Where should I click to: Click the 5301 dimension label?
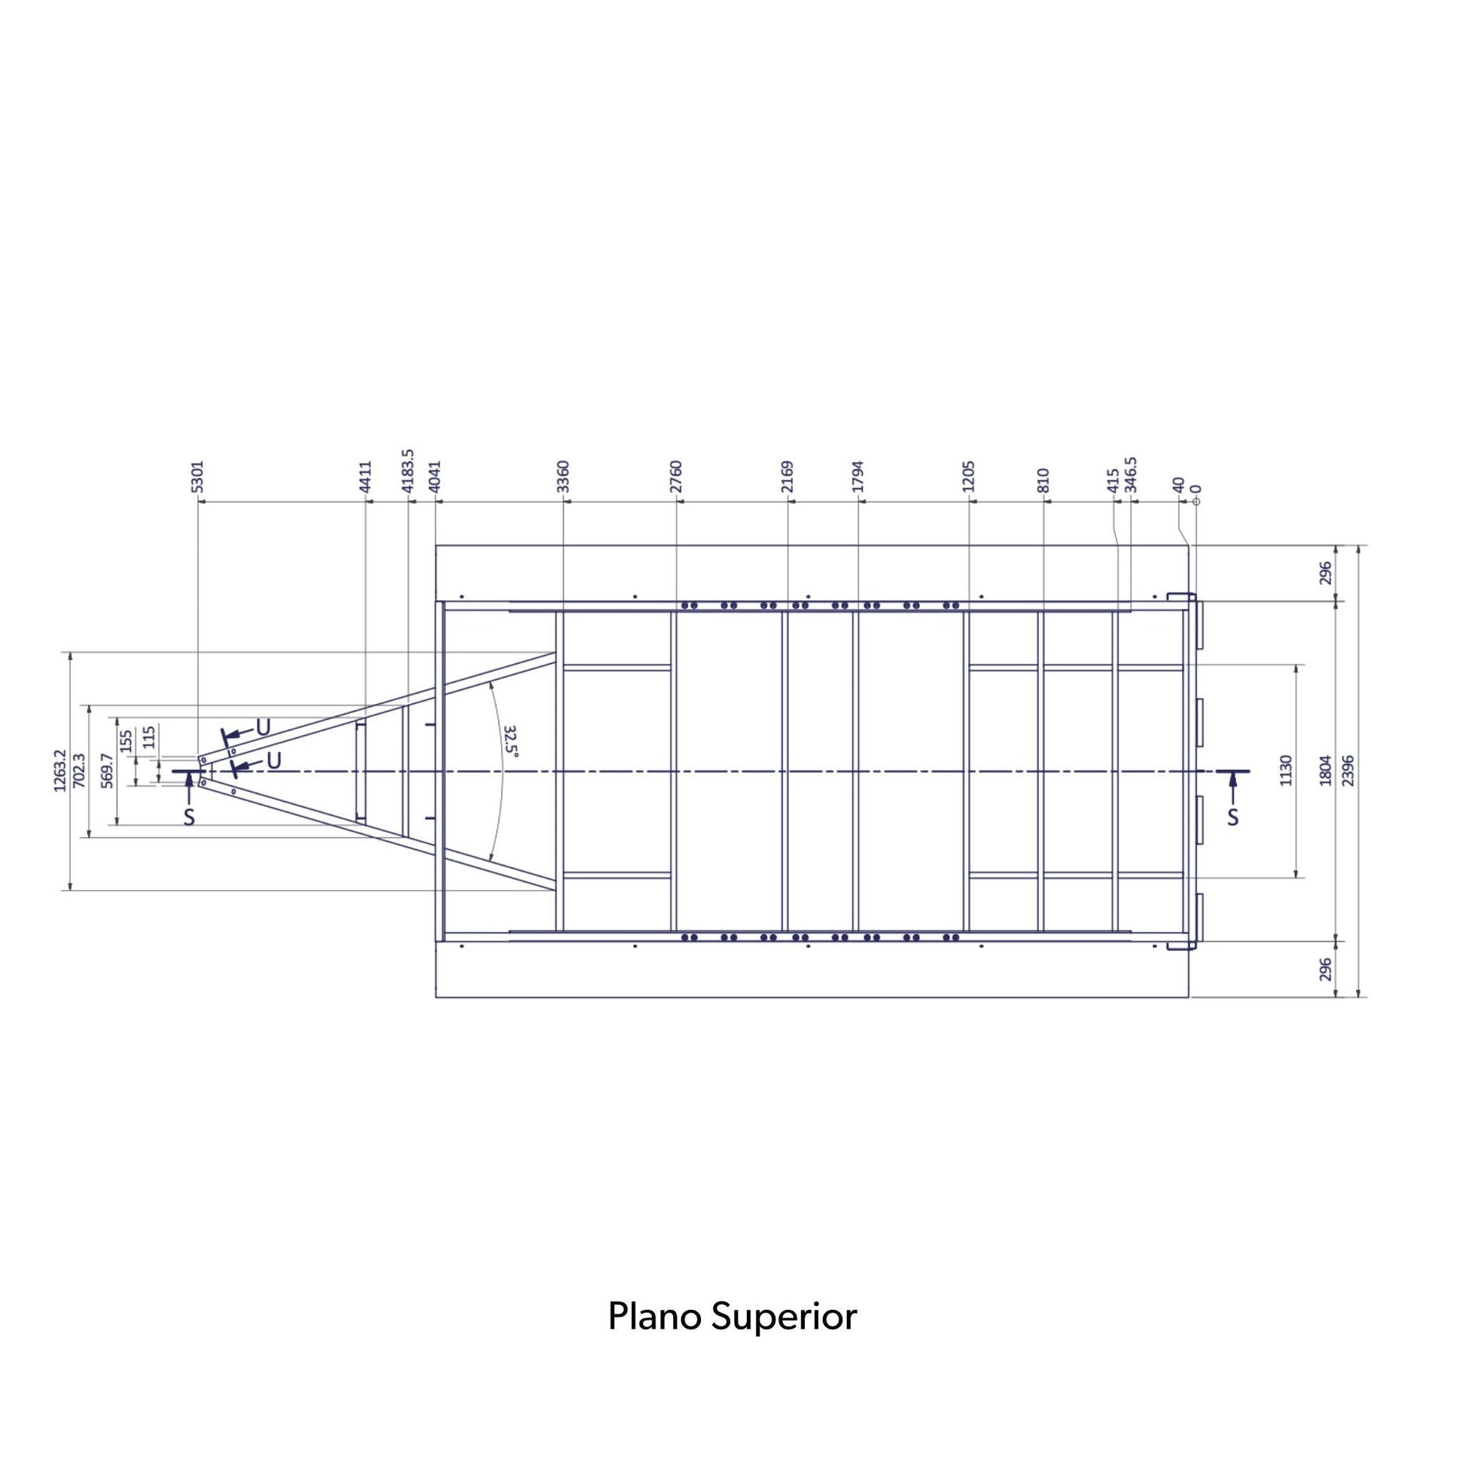click(198, 477)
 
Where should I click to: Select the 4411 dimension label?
click(366, 477)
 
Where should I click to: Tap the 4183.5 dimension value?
click(408, 471)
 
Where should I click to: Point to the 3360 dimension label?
click(562, 477)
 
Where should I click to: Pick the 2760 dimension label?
click(676, 477)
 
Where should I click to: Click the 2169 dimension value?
click(787, 477)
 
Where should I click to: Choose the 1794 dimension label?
click(858, 477)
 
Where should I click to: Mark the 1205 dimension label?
click(968, 477)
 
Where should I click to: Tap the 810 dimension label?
click(1043, 481)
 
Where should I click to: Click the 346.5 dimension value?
click(1131, 475)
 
